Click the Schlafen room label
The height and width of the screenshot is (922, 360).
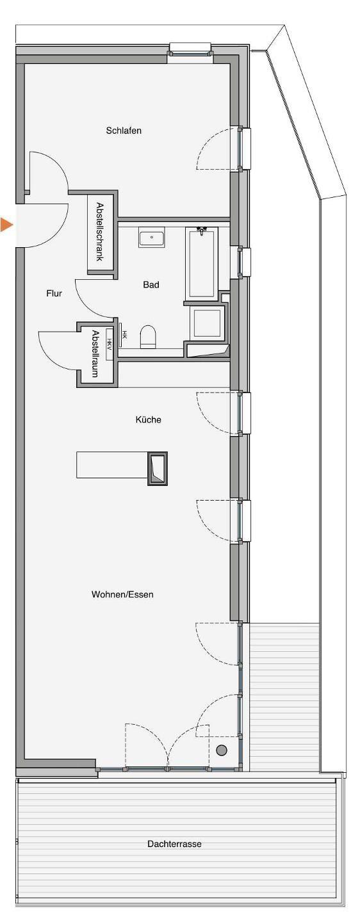click(x=124, y=131)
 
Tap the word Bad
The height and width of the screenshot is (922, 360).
click(x=151, y=284)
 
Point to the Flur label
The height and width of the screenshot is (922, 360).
click(x=54, y=293)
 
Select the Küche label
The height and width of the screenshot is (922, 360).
click(x=148, y=419)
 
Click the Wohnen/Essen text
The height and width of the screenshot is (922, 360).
click(x=122, y=594)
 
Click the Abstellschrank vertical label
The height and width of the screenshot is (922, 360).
click(x=99, y=231)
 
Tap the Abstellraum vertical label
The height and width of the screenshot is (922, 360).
click(x=95, y=353)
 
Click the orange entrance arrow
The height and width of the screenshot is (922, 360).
click(x=6, y=225)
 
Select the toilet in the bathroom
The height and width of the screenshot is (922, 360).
click(x=148, y=336)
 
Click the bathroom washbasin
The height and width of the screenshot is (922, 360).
click(x=152, y=238)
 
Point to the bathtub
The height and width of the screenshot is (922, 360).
click(x=201, y=263)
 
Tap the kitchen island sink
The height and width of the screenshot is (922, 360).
click(x=158, y=468)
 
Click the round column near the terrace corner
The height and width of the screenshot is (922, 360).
click(x=222, y=750)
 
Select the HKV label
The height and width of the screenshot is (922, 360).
click(x=109, y=344)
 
